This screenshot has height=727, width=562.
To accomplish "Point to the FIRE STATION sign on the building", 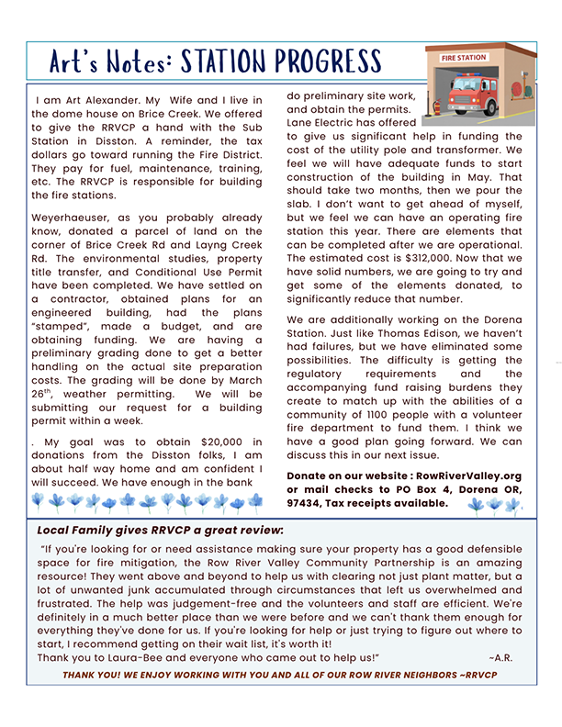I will click(464, 58).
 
